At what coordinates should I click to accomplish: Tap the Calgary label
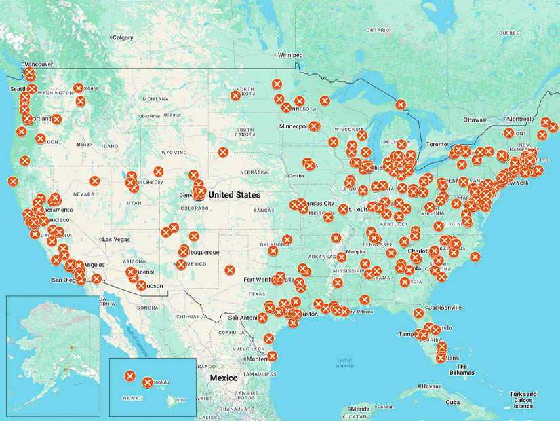123,37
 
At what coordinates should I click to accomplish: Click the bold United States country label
234,195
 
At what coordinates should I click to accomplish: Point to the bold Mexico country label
223,378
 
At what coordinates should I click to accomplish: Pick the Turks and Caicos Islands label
523,400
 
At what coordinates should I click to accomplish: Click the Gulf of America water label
344,363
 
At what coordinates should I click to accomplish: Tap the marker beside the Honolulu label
148,382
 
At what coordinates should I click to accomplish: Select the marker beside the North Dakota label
235,96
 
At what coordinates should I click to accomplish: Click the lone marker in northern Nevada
94,181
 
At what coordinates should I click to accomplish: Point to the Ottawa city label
474,120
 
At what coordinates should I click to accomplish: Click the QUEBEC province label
509,32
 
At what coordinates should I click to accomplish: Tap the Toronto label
437,144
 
